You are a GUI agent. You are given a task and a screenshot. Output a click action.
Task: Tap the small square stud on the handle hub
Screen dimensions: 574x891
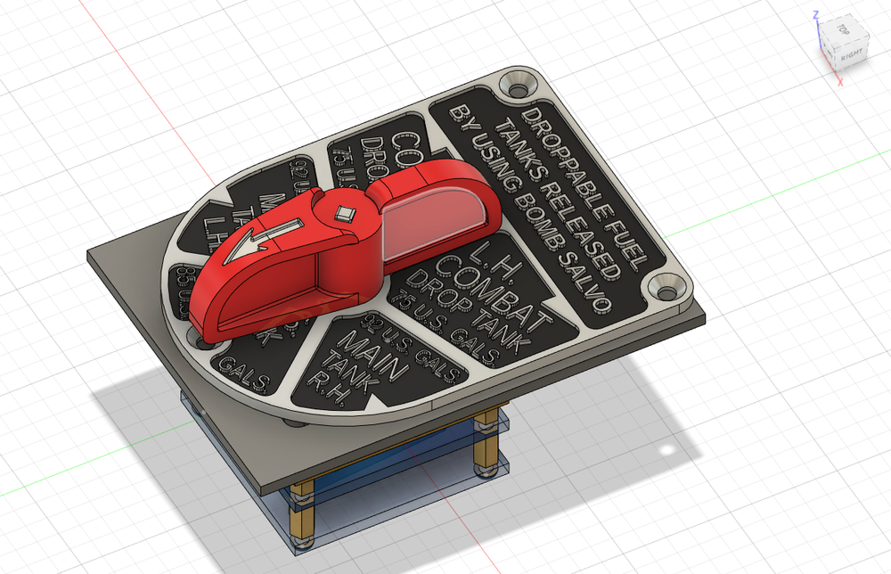click(346, 212)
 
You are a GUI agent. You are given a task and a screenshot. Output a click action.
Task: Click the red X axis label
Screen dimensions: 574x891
click(839, 83)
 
